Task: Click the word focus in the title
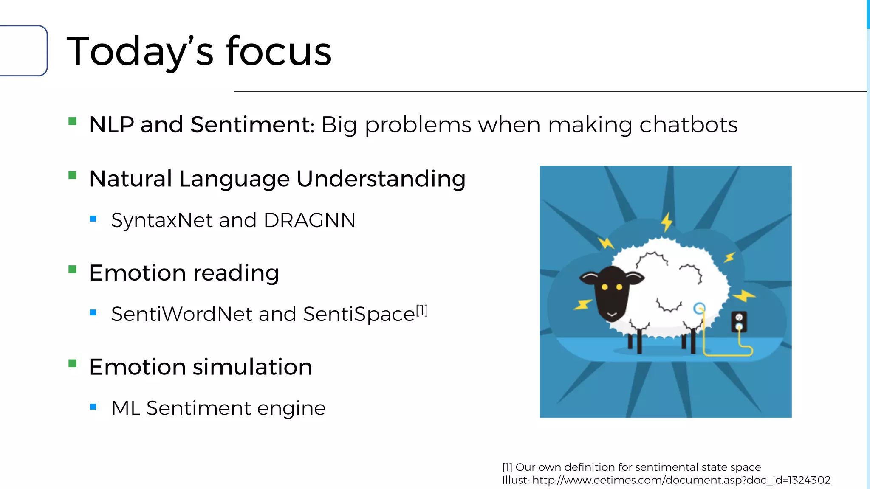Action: click(279, 52)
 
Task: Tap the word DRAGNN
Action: click(309, 220)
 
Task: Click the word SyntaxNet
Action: click(162, 220)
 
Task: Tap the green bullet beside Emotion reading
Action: click(73, 270)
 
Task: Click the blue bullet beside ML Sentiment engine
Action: click(93, 407)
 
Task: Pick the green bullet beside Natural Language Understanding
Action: click(73, 175)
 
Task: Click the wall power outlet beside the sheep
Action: click(739, 322)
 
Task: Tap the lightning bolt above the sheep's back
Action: click(667, 222)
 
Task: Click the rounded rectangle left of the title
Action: click(23, 51)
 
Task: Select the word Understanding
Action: click(381, 179)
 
